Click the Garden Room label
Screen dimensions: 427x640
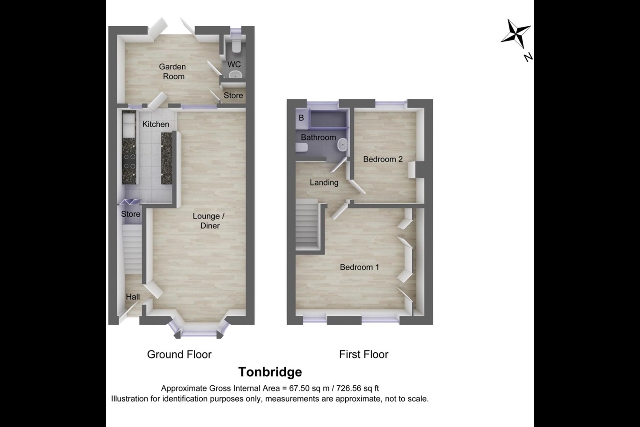[172, 72]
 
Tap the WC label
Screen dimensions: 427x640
[234, 65]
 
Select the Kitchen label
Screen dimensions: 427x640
[156, 125]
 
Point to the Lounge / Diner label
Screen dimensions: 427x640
[208, 221]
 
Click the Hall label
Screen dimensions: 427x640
[132, 297]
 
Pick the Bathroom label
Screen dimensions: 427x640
[318, 137]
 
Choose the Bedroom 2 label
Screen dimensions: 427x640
[383, 159]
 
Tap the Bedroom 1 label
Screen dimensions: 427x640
[359, 267]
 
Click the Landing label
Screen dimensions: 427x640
[324, 182]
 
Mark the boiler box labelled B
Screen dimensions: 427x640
[301, 118]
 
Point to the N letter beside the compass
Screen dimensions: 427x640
[528, 57]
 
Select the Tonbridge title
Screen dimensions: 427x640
[270, 372]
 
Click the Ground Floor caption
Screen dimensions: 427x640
[179, 354]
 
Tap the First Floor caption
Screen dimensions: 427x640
[364, 354]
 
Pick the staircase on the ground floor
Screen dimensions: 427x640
[132, 250]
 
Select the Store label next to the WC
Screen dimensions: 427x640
[233, 96]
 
